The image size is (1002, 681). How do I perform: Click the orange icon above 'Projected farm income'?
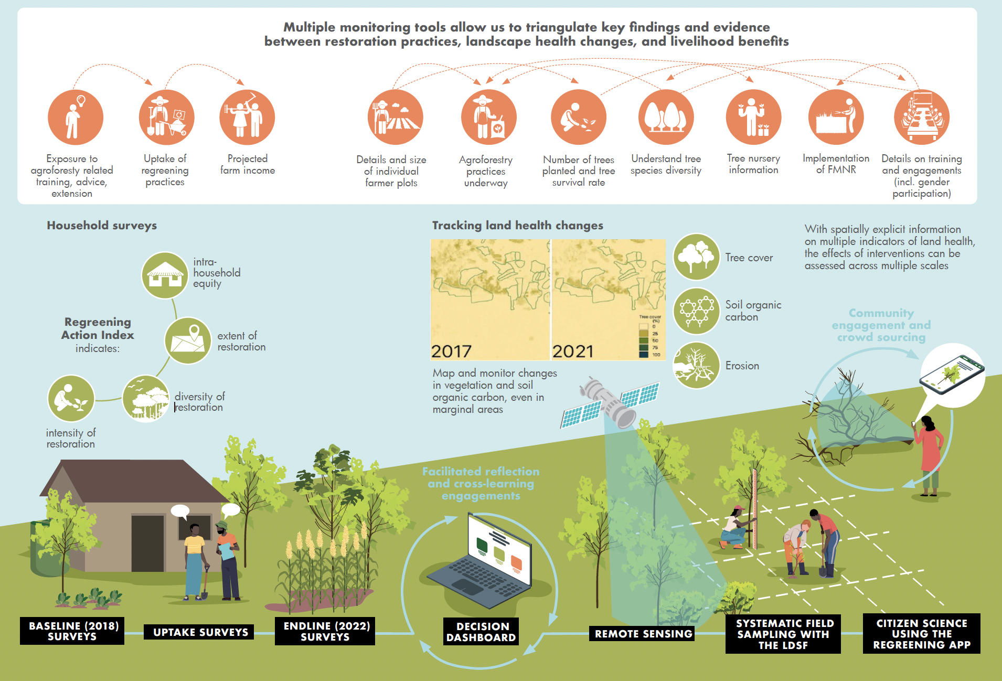pos(247,117)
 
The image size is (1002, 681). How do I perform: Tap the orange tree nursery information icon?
pos(753,117)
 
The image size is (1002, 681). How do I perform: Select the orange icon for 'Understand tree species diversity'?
pos(666,117)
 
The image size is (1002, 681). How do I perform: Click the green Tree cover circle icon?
pos(696,257)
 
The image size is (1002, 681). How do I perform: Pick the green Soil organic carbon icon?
pos(696,311)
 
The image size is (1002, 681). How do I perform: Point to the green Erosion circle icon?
pos(696,366)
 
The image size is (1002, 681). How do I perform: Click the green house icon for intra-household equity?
pos(165,275)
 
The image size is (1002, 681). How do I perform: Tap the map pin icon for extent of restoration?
pos(188,340)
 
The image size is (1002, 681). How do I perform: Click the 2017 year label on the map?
pos(451,351)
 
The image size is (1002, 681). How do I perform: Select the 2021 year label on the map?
pos(572,351)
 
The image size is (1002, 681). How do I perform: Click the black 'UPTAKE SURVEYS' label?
pos(200,632)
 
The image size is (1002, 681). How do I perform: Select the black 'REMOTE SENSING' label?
pos(643,634)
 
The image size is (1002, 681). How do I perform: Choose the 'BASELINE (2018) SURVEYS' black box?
pos(72,631)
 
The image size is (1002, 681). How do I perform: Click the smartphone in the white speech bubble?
pos(952,374)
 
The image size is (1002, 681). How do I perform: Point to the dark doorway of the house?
pos(147,543)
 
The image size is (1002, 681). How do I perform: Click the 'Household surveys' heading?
pos(102,226)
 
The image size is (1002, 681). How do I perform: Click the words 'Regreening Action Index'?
pos(98,328)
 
